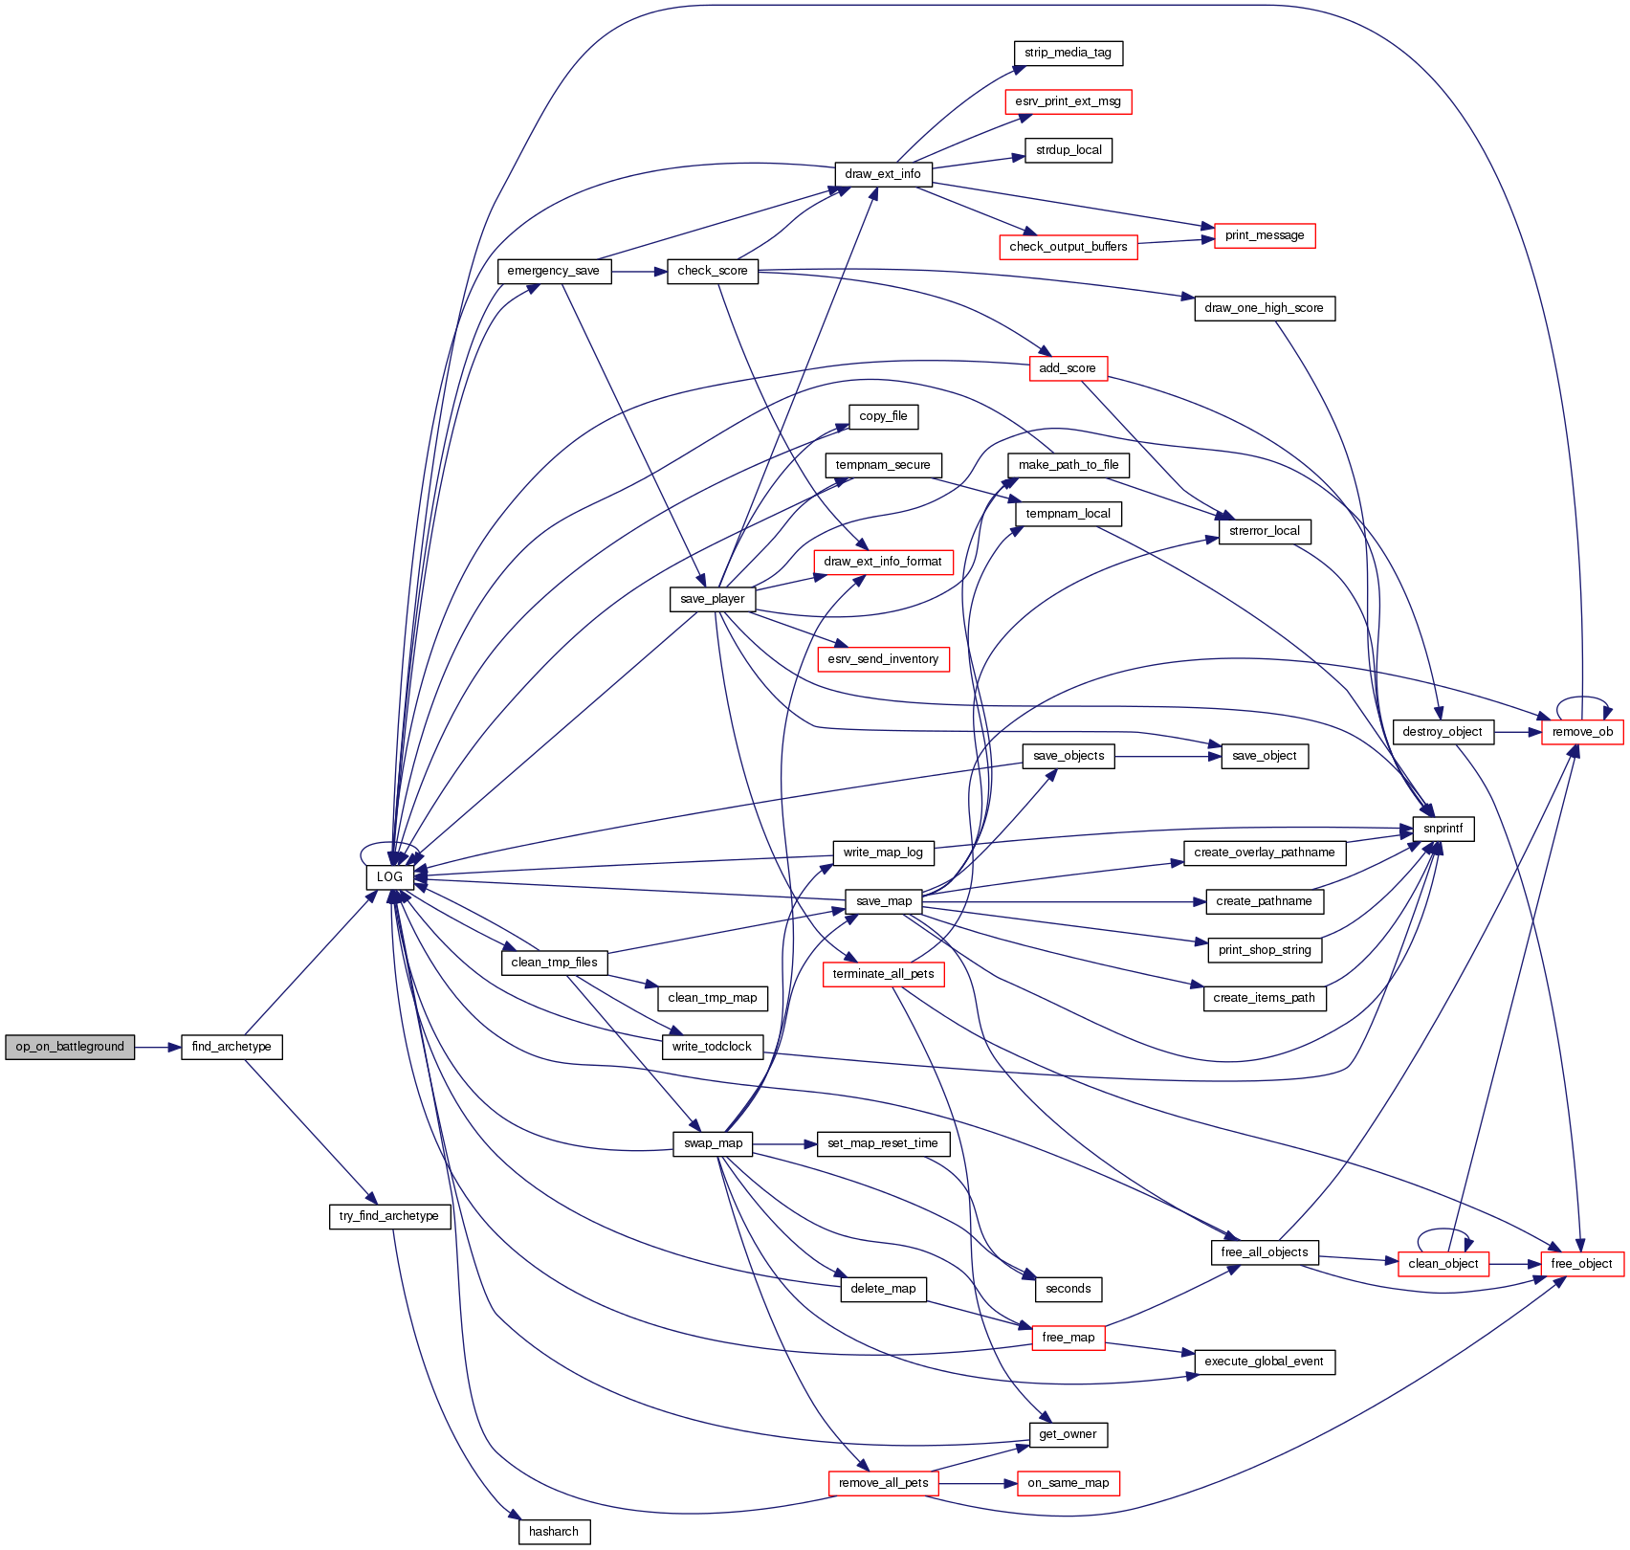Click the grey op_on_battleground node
(70, 1047)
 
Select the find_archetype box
(231, 1047)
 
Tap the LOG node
(389, 877)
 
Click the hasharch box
(554, 1532)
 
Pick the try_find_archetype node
(389, 1216)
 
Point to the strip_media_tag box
(1068, 53)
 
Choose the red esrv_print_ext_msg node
(1068, 101)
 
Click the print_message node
(1265, 235)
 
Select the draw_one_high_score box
(1264, 308)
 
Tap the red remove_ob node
(1582, 732)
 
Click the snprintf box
(1443, 829)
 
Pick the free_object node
(1581, 1264)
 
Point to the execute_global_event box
(1264, 1362)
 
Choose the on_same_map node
(1068, 1483)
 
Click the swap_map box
(713, 1143)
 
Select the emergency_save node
(554, 271)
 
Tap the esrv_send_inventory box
(883, 659)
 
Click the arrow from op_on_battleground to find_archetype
(158, 1047)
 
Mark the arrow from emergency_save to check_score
(639, 272)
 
